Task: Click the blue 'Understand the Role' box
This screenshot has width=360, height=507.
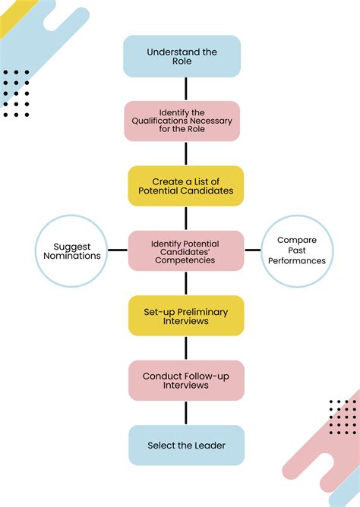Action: pyautogui.click(x=182, y=56)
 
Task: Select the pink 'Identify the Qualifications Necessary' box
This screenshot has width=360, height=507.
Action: pyautogui.click(x=182, y=121)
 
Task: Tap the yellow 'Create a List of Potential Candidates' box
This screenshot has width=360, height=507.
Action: pyautogui.click(x=185, y=186)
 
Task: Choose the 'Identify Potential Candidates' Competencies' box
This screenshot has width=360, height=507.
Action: pyautogui.click(x=185, y=250)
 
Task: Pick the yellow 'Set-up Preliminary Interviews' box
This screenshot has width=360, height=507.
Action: pyautogui.click(x=185, y=315)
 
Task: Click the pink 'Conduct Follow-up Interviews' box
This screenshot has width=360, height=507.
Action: pyautogui.click(x=185, y=379)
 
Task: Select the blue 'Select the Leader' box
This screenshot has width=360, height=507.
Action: pyautogui.click(x=185, y=445)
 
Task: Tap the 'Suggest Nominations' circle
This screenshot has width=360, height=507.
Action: pyautogui.click(x=72, y=250)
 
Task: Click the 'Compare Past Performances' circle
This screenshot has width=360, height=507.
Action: pyautogui.click(x=297, y=250)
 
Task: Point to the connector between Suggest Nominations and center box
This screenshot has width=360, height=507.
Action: pyautogui.click(x=118, y=250)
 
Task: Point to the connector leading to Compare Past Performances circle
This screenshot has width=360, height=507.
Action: pyautogui.click(x=252, y=250)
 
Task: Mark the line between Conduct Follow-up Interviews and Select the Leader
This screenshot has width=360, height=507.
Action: pyautogui.click(x=185, y=412)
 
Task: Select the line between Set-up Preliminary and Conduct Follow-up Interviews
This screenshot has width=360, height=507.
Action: pyautogui.click(x=185, y=348)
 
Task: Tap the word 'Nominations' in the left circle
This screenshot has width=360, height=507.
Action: pyautogui.click(x=77, y=257)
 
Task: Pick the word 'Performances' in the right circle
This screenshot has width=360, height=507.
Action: pyautogui.click(x=297, y=261)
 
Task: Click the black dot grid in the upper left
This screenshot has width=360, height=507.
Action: pyautogui.click(x=16, y=93)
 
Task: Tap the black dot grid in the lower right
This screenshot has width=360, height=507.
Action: pyautogui.click(x=343, y=417)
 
